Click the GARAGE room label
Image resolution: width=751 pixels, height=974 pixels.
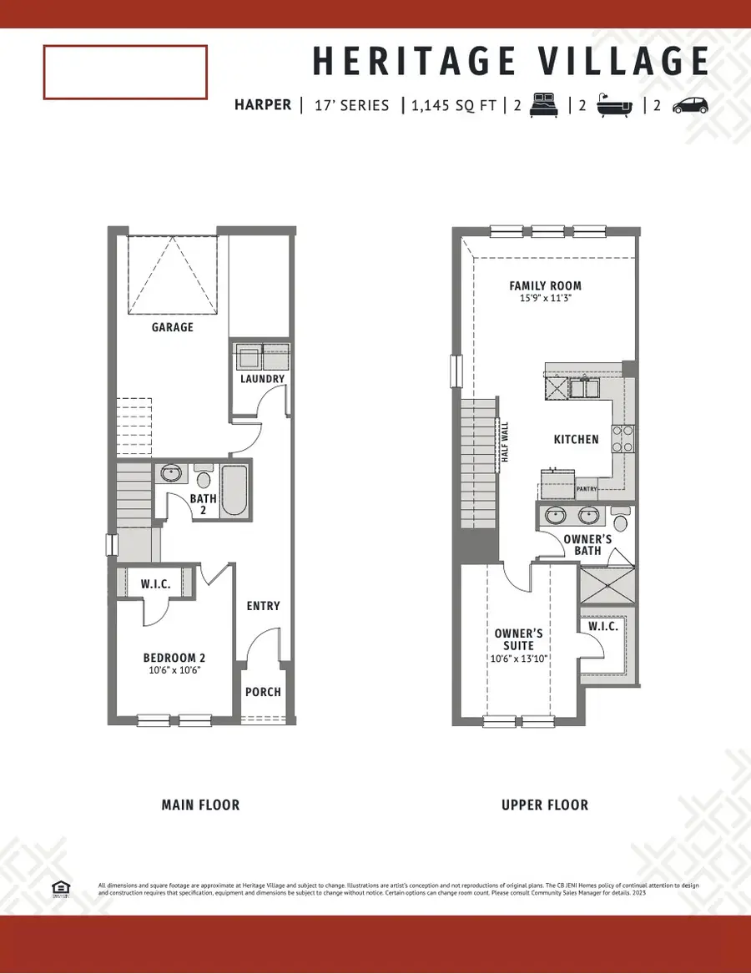click(173, 327)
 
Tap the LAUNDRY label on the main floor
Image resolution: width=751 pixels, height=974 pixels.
click(263, 379)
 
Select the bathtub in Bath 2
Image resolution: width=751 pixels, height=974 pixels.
click(234, 492)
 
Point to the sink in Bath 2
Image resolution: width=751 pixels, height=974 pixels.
click(172, 473)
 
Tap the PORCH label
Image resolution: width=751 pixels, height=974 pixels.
click(263, 692)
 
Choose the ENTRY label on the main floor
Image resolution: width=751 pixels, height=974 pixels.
click(264, 606)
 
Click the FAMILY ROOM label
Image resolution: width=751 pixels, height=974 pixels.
click(545, 286)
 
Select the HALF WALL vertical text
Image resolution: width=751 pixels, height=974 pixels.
click(504, 447)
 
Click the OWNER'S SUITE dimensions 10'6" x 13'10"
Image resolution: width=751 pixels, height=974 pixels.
click(519, 659)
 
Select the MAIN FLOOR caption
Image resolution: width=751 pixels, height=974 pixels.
click(200, 805)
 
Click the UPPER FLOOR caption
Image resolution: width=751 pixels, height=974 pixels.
click(545, 805)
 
